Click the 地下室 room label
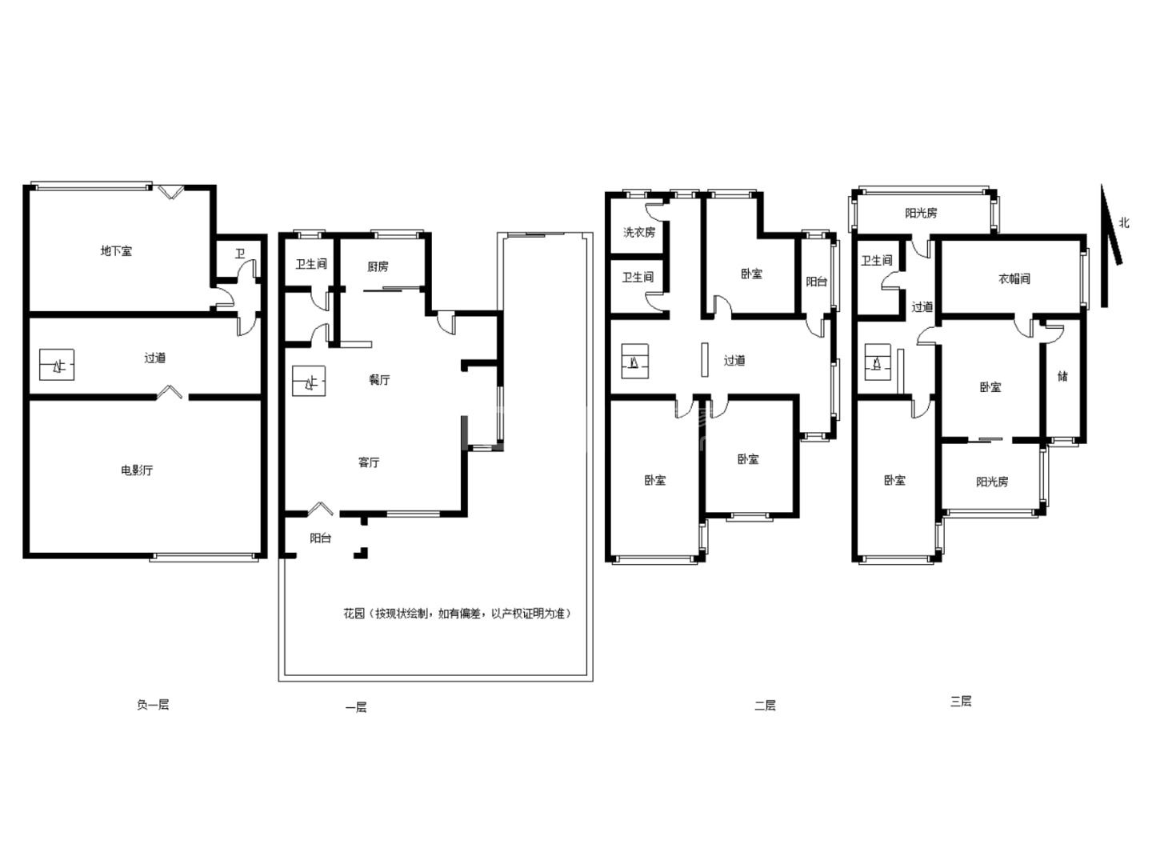(116, 250)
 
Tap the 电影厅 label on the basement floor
(137, 470)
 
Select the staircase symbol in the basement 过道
(57, 365)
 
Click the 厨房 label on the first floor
(378, 266)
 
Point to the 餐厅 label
(379, 379)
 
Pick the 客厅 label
(369, 462)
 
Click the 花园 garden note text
(457, 614)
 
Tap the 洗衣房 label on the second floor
(638, 232)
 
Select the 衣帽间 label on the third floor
(1014, 278)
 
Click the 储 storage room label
(1062, 376)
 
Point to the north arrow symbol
(1110, 246)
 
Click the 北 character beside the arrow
(1124, 223)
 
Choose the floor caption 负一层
(153, 705)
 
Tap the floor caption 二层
(765, 705)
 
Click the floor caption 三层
(961, 702)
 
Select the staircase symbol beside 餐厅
(309, 381)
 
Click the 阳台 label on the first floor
(320, 538)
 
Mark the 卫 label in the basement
(240, 254)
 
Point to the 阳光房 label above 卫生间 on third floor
(921, 213)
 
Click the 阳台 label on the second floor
(816, 282)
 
